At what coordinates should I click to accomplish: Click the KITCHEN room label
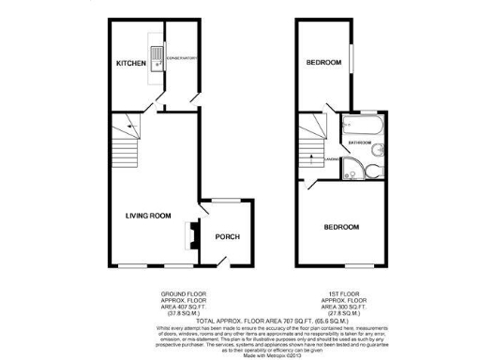point(130,64)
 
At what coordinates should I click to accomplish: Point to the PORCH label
point(228,236)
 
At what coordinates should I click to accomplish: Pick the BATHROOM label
point(361,142)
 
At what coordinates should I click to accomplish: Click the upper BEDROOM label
point(325,64)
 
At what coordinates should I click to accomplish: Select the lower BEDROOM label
point(341,227)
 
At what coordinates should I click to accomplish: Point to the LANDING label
point(331,159)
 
